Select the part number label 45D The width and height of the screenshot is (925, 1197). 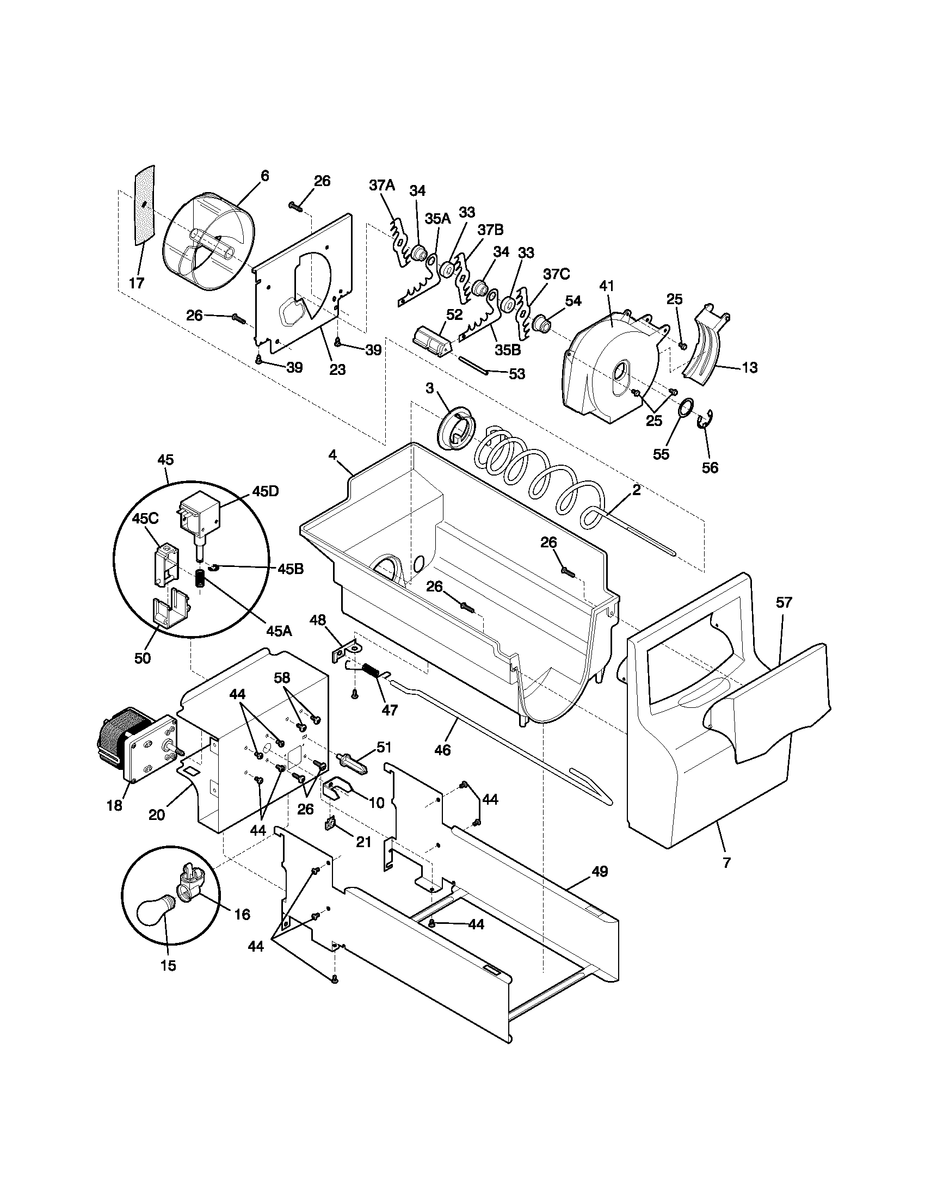pyautogui.click(x=265, y=491)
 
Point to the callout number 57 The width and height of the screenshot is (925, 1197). pyautogui.click(x=784, y=603)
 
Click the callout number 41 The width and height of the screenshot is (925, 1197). pyautogui.click(x=607, y=286)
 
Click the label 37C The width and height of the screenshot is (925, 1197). pyautogui.click(x=556, y=275)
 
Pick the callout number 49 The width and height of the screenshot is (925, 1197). pyautogui.click(x=600, y=872)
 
